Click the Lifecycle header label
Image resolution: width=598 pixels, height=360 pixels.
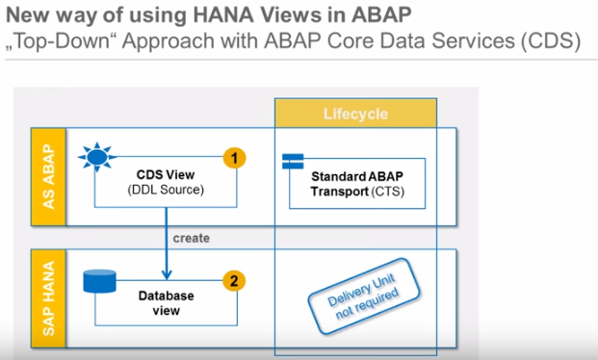(355, 114)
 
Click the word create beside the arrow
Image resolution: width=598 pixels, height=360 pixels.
(192, 237)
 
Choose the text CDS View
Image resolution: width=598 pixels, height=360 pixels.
(165, 175)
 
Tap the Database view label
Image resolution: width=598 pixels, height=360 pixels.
(165, 303)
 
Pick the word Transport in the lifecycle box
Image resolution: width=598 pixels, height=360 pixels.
(351, 191)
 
